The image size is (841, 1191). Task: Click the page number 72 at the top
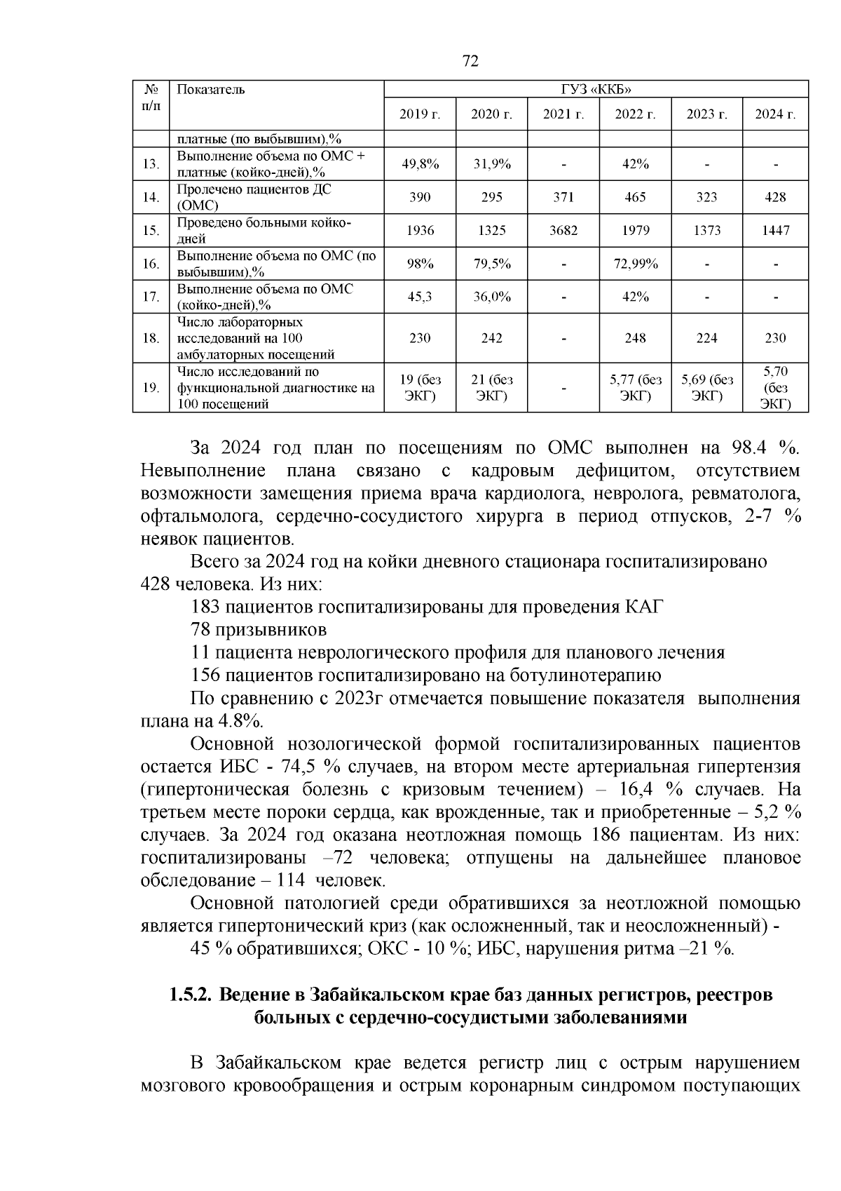click(x=471, y=62)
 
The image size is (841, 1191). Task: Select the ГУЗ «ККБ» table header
click(x=596, y=89)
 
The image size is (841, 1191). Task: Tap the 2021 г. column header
click(x=563, y=115)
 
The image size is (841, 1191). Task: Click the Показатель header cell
click(x=211, y=89)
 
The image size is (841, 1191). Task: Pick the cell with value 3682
click(x=563, y=230)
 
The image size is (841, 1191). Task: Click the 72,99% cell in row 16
click(x=635, y=264)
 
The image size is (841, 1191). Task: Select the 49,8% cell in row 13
click(x=420, y=164)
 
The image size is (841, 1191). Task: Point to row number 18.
click(x=151, y=338)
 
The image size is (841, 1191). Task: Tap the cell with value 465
click(x=635, y=197)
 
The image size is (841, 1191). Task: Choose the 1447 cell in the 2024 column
click(x=775, y=230)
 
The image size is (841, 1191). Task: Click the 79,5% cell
click(x=491, y=264)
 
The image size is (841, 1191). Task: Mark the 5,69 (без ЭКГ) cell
click(x=706, y=387)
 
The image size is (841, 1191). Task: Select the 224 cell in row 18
click(x=706, y=338)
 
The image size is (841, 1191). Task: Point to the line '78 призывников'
click(x=258, y=629)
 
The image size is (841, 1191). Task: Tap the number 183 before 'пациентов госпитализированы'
click(x=205, y=606)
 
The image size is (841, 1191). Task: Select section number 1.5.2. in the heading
click(x=190, y=995)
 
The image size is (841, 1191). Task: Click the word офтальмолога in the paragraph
click(x=202, y=517)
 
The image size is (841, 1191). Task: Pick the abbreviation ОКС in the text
click(x=384, y=949)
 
